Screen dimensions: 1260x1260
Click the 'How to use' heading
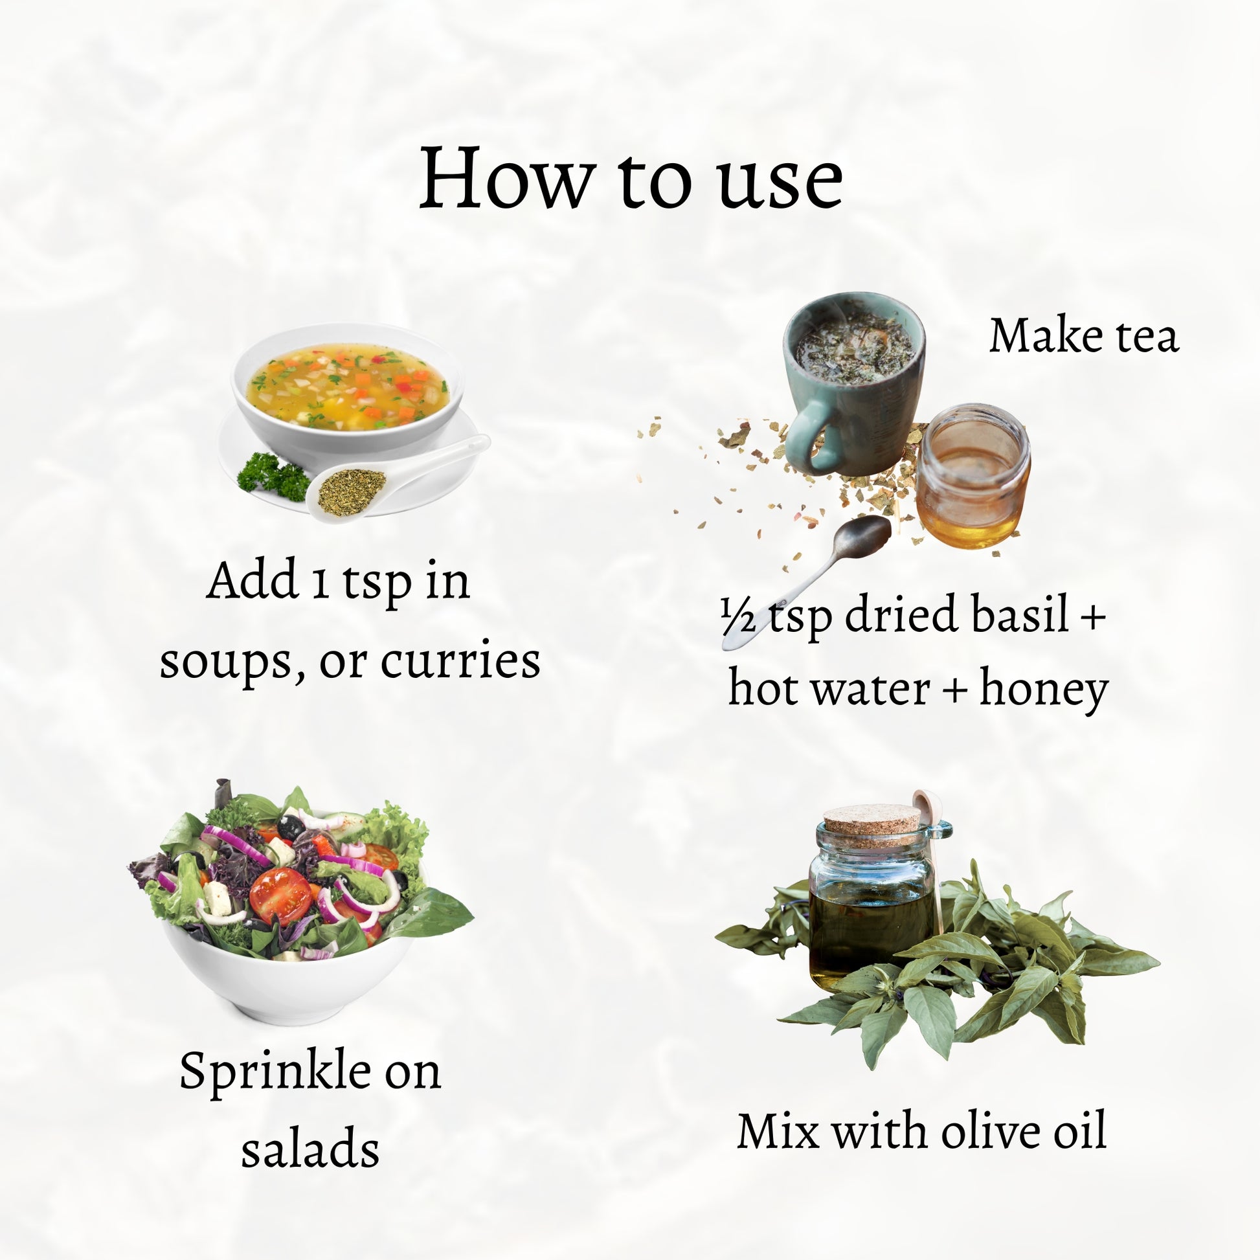point(631,178)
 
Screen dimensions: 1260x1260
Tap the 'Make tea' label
point(1084,336)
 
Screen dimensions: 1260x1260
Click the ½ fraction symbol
point(738,617)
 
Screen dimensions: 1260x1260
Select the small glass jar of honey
point(973,477)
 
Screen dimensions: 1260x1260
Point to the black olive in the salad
point(290,827)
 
